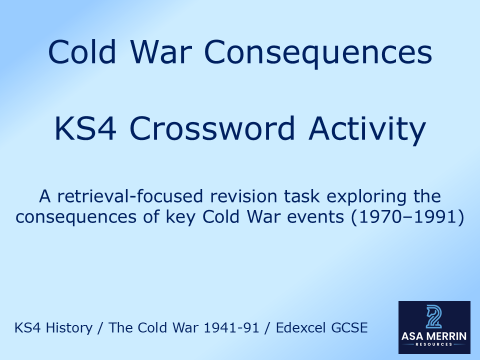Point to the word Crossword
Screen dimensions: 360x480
pos(212,128)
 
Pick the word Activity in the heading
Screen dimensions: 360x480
pos(367,128)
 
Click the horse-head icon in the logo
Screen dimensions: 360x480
pos(434,316)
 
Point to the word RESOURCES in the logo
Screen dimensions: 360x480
pos(434,344)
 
